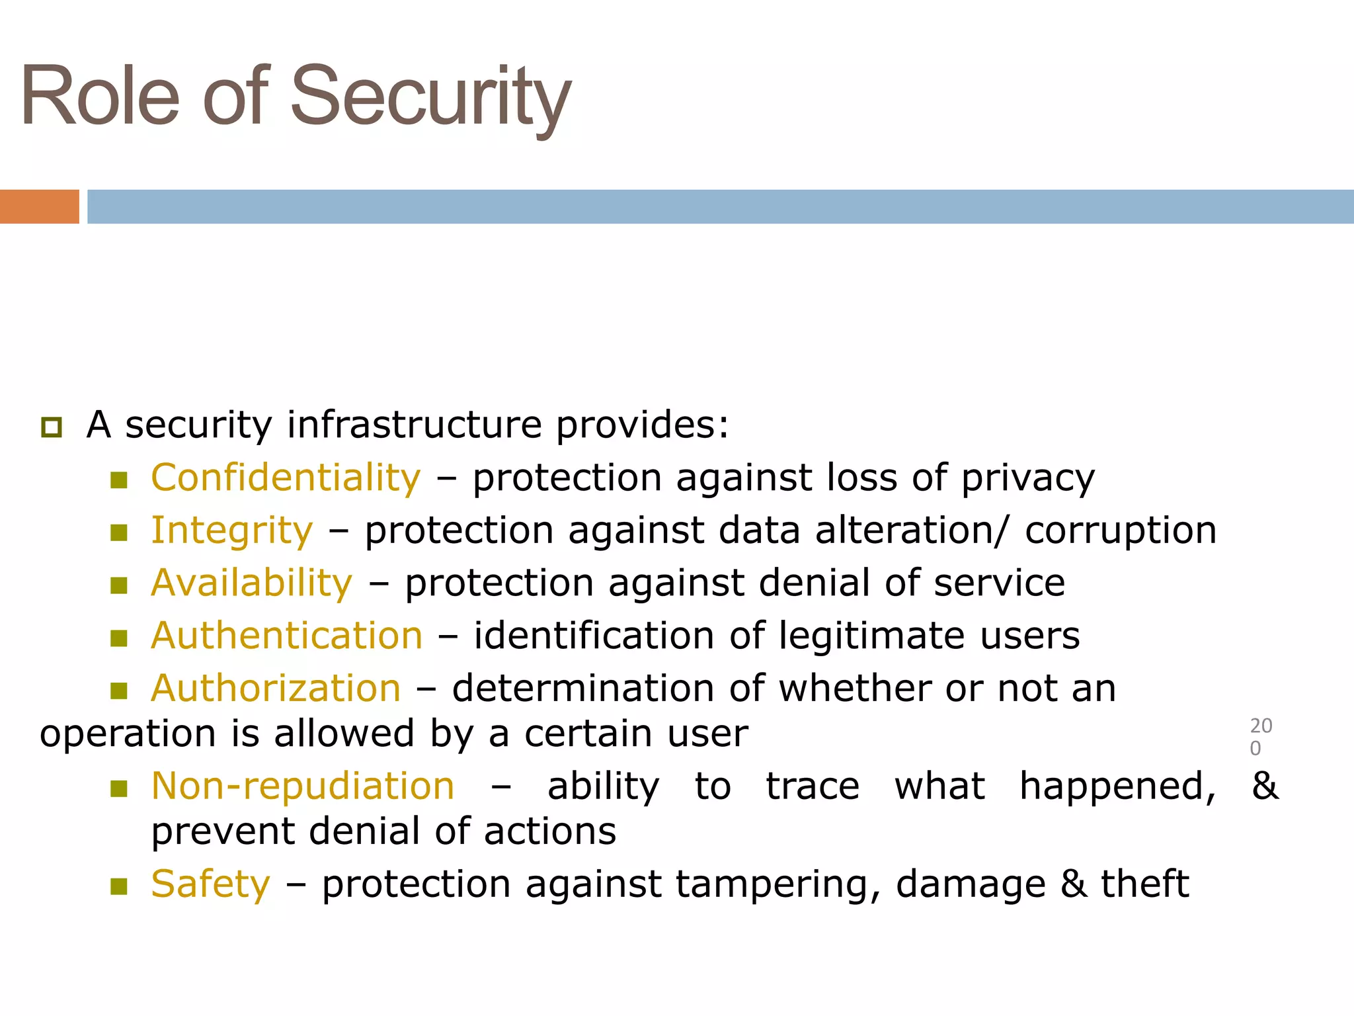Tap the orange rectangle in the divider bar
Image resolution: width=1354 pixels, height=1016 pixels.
[39, 206]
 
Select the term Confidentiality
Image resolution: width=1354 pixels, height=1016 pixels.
[286, 478]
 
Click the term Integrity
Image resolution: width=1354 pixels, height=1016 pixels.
[231, 530]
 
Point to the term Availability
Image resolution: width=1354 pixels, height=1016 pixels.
[251, 583]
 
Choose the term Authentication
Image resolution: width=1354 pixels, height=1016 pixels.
[286, 636]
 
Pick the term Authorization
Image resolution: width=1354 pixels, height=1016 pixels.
[276, 689]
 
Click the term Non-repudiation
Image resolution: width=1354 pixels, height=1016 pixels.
[303, 786]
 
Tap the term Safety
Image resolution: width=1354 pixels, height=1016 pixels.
[210, 884]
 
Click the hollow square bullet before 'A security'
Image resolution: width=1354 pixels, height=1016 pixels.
[52, 427]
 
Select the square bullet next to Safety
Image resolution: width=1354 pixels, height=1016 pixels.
[119, 886]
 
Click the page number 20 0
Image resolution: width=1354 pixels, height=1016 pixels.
[1260, 737]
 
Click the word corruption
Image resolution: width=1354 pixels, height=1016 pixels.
[1121, 530]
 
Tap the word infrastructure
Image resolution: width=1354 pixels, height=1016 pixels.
[415, 425]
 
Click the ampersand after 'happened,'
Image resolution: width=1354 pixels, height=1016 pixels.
[1265, 786]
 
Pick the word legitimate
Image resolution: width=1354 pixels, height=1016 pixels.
[871, 636]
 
